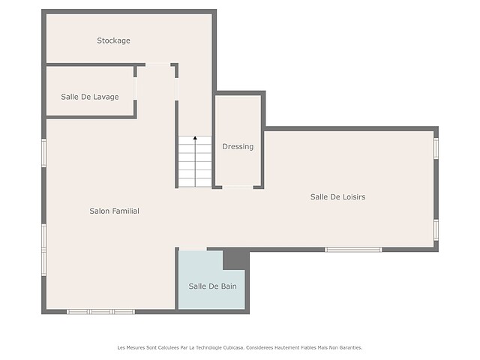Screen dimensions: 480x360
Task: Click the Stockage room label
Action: [x=113, y=40]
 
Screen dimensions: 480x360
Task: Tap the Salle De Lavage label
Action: [x=90, y=97]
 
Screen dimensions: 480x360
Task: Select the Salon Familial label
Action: [x=114, y=211]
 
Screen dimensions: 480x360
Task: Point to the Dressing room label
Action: [x=238, y=147]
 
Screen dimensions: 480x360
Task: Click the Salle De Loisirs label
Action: [x=338, y=196]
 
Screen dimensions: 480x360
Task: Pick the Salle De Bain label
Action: [x=212, y=286]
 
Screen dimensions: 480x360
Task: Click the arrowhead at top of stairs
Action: [x=195, y=138]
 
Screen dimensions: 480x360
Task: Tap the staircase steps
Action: [x=195, y=162]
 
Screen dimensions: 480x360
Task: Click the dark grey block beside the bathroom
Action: [x=236, y=259]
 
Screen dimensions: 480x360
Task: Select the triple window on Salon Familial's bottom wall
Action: [x=101, y=312]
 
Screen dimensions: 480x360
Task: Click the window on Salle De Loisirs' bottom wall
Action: [x=353, y=250]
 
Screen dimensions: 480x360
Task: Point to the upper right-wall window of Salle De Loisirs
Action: [x=436, y=148]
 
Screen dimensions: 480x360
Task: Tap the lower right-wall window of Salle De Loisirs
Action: [x=436, y=229]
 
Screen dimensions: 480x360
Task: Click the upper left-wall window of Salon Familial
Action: [x=44, y=153]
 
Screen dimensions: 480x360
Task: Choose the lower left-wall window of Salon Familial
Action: [x=44, y=250]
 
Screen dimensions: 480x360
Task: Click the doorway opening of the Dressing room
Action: [x=238, y=187]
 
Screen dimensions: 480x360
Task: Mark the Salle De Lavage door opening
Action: [x=135, y=88]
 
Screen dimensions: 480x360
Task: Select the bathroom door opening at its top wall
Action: [x=193, y=249]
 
